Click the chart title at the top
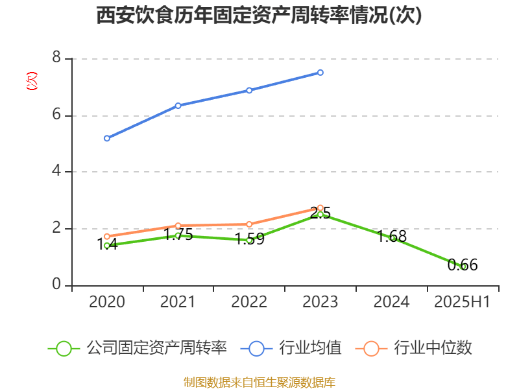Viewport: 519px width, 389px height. click(x=259, y=16)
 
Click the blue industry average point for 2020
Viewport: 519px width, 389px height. click(x=107, y=138)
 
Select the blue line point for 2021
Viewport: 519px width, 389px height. click(x=178, y=105)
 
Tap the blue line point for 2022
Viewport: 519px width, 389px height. click(x=249, y=90)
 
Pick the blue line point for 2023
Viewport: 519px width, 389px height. click(x=320, y=73)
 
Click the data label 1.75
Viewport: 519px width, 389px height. click(x=178, y=235)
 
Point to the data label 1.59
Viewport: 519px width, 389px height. click(x=249, y=239)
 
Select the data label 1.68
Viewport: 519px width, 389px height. click(x=392, y=237)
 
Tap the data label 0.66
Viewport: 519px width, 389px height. click(x=463, y=265)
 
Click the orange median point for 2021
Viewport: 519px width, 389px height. click(x=178, y=226)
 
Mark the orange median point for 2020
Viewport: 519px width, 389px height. click(x=107, y=237)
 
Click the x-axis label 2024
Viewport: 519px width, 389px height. click(x=392, y=302)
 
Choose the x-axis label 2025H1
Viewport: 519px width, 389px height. click(x=463, y=302)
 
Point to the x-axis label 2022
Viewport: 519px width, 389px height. click(x=249, y=302)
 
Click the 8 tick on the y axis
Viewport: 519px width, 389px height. click(x=56, y=58)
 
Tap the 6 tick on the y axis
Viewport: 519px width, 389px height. click(x=56, y=115)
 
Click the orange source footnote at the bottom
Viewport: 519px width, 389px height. click(x=259, y=383)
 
